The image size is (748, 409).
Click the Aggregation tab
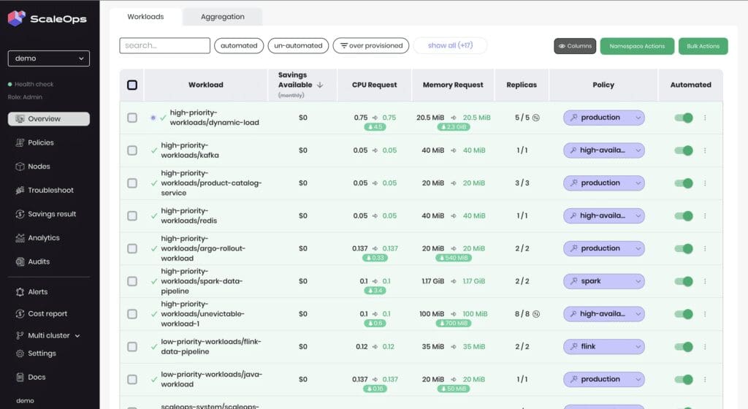coord(223,17)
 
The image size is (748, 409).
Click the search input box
coord(164,45)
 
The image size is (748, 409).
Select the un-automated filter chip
coord(298,45)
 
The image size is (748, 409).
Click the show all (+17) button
coord(450,45)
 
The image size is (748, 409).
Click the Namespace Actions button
coord(637,46)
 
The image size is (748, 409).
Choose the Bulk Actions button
coord(703,46)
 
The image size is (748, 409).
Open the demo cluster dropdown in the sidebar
coord(49,58)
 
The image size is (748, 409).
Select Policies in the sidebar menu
coord(41,142)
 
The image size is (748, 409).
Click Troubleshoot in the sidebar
coord(50,190)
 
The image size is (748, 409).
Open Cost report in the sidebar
coord(47,313)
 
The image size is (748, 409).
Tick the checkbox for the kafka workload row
coord(132,150)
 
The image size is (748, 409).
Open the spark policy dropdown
coord(603,281)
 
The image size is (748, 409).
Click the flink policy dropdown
coord(603,347)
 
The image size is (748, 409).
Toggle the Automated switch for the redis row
coord(684,215)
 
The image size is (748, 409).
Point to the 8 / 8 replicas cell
coord(518,314)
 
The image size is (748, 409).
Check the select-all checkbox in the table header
coord(132,85)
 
